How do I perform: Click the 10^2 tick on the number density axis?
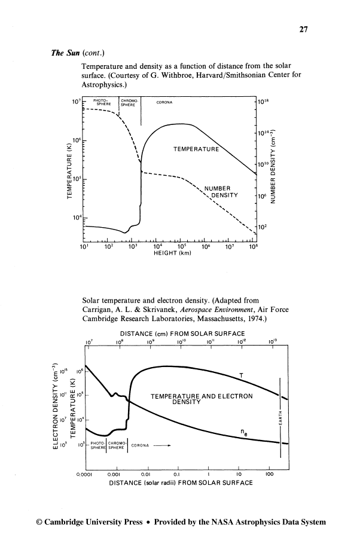[x=263, y=227]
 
